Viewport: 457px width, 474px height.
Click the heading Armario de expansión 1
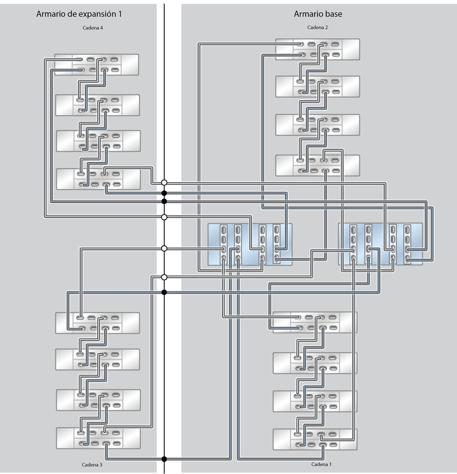tap(79, 14)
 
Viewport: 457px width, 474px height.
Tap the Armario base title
tap(318, 14)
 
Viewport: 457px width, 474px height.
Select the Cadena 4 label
tap(93, 28)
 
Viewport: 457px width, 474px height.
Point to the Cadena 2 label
tap(318, 28)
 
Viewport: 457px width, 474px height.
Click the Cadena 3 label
tap(92, 465)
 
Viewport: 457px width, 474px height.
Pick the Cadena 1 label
tap(321, 464)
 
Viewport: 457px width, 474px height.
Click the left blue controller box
tap(250, 244)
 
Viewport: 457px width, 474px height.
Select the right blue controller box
tap(380, 244)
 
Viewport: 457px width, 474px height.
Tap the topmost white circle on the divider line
tap(164, 183)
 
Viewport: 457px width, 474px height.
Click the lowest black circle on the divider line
tap(164, 459)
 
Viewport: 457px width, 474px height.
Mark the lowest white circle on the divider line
tap(164, 277)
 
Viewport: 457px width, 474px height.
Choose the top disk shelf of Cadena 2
tap(318, 49)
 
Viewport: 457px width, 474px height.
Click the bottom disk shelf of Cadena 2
tap(318, 165)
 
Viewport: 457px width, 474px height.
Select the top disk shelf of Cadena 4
tap(96, 64)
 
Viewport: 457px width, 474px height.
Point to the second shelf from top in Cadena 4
tap(97, 105)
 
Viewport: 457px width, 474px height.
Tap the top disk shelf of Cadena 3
tap(97, 323)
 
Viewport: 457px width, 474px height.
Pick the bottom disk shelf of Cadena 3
tap(98, 438)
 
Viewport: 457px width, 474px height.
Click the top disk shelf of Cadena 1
tap(315, 322)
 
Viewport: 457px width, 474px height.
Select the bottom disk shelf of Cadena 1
tap(315, 439)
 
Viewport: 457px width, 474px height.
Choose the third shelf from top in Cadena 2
tap(318, 124)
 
